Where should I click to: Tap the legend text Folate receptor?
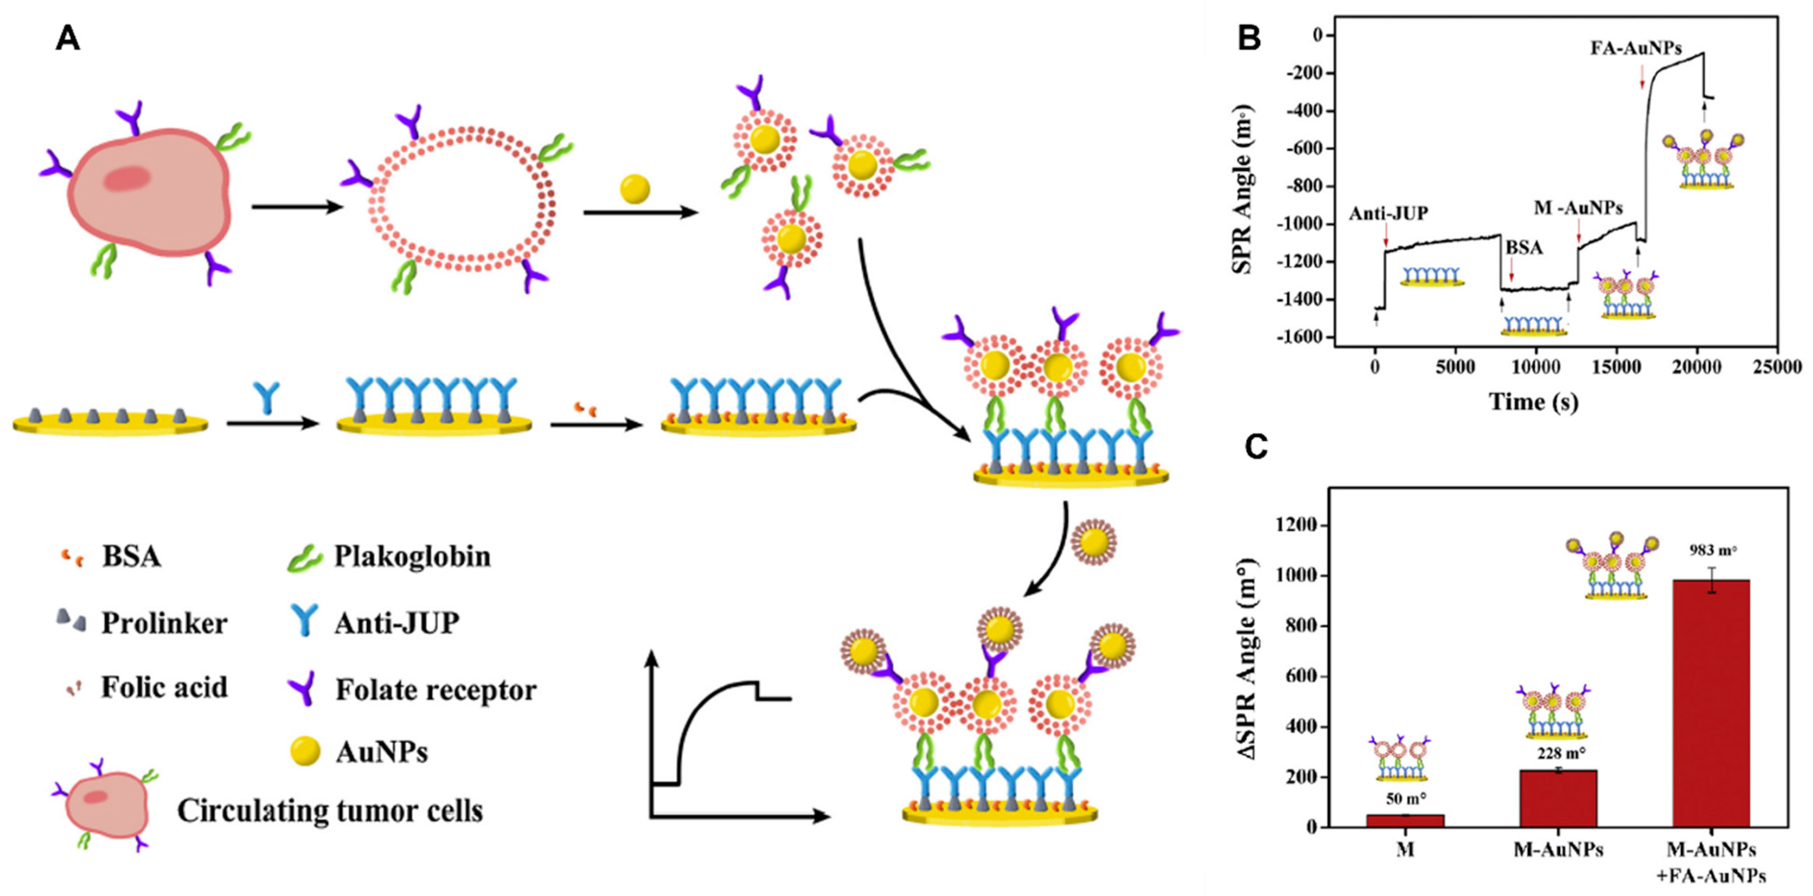436,690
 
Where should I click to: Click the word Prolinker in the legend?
164,623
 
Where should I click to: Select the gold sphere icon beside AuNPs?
305,751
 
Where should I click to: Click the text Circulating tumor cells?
330,810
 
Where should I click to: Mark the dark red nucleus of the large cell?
127,180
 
